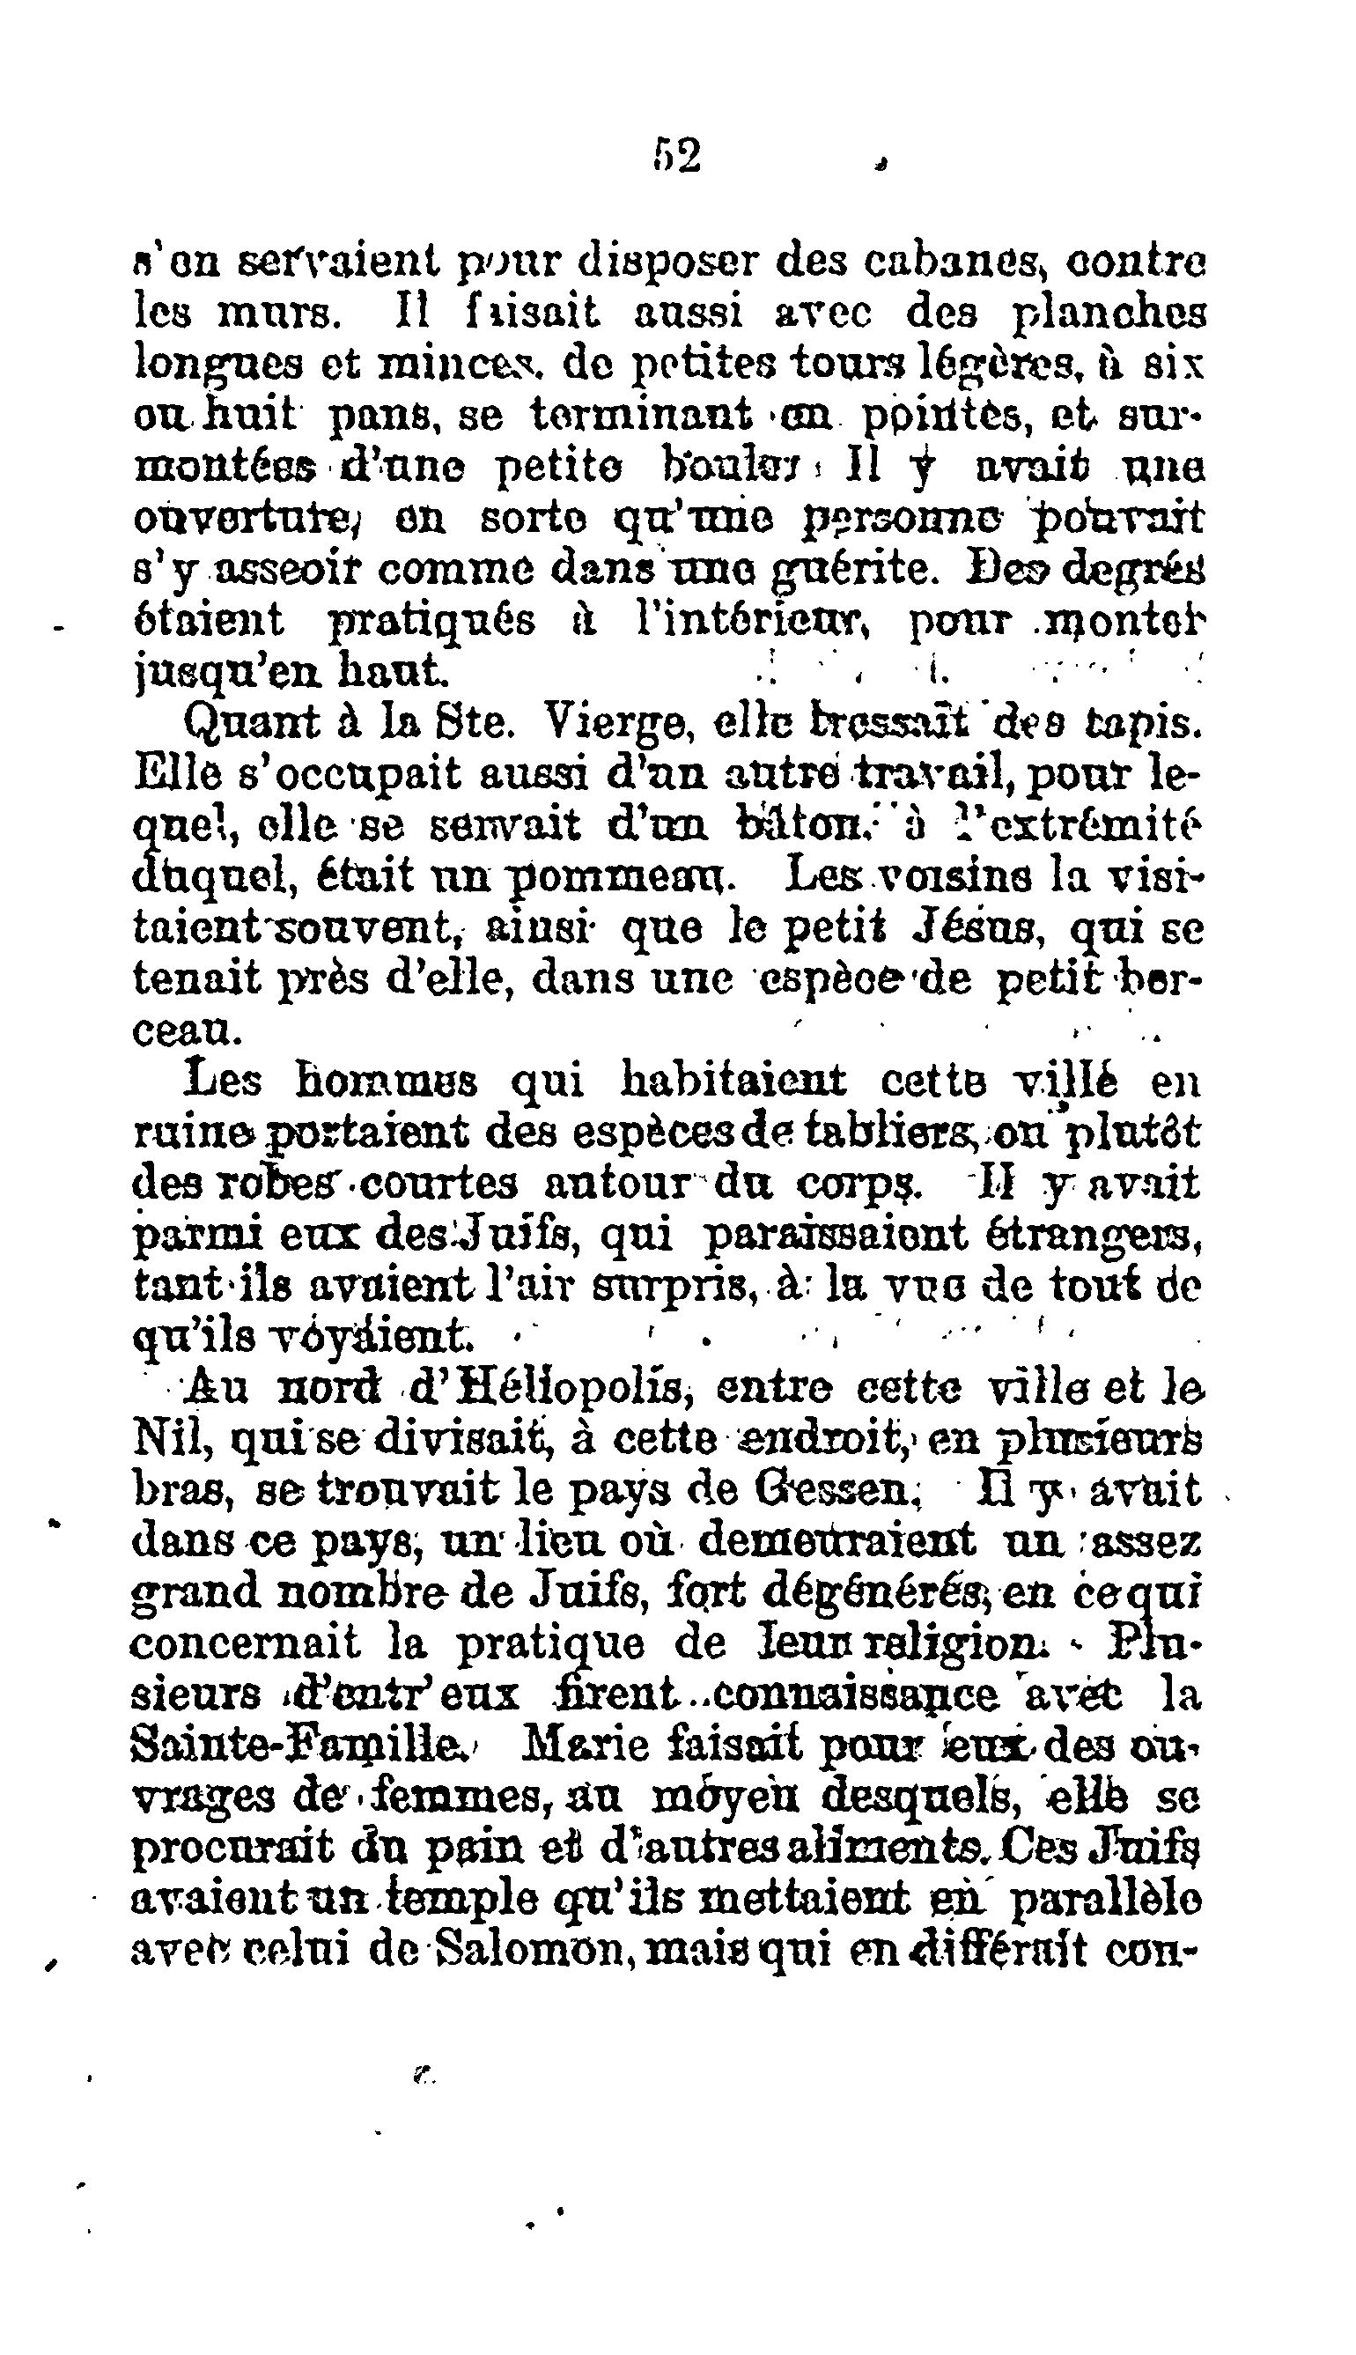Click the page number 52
[676, 157]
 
